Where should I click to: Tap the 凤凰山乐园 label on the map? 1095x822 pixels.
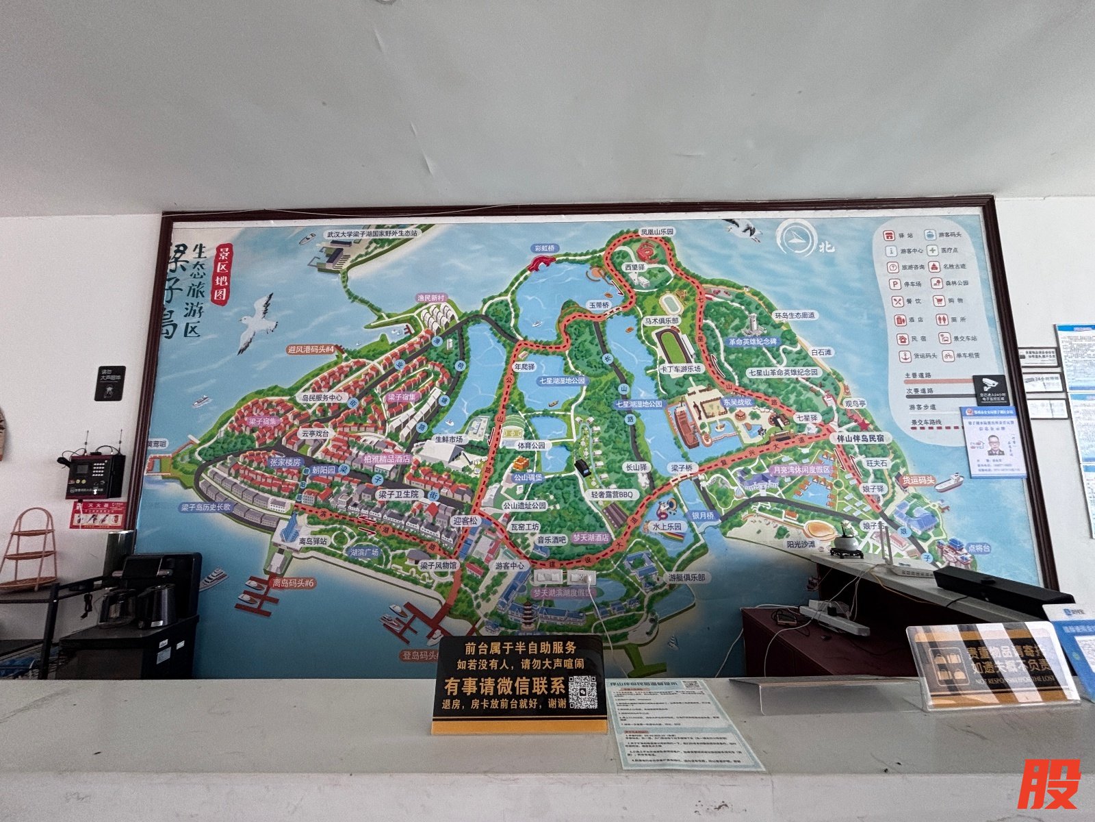[x=656, y=232]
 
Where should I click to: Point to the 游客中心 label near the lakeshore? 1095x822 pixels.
[x=510, y=566]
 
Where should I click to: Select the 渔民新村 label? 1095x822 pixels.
[x=432, y=298]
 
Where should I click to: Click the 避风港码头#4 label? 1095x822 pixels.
[x=311, y=349]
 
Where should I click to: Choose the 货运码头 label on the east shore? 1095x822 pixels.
[x=918, y=480]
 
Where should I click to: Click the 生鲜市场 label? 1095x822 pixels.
[x=449, y=438]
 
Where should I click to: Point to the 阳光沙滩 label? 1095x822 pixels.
[x=801, y=544]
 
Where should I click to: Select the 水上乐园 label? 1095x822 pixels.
[x=667, y=527]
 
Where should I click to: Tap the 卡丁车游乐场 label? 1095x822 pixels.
[x=681, y=369]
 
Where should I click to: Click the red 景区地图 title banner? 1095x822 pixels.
[x=222, y=274]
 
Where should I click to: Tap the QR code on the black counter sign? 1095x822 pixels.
[x=582, y=692]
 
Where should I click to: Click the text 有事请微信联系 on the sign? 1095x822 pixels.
[x=504, y=686]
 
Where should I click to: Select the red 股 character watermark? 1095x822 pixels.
[x=1048, y=784]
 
